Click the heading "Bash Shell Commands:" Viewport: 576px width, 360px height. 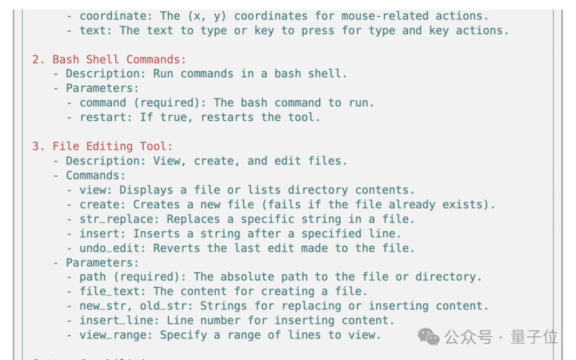click(119, 59)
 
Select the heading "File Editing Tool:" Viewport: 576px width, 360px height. click(112, 147)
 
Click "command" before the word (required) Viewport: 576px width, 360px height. click(103, 103)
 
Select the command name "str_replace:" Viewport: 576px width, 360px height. click(119, 219)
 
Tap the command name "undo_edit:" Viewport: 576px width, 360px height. click(113, 248)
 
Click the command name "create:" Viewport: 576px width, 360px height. click(103, 204)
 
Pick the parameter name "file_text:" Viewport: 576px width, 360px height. click(113, 292)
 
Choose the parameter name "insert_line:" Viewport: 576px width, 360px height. click(119, 320)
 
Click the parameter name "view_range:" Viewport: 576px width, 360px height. click(116, 335)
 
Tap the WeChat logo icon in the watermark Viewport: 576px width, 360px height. click(428, 337)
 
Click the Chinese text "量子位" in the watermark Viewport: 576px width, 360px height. click(534, 337)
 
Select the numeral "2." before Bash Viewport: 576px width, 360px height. click(39, 59)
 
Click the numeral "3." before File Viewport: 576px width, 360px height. click(39, 147)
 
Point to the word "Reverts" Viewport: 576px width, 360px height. click(177, 248)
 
